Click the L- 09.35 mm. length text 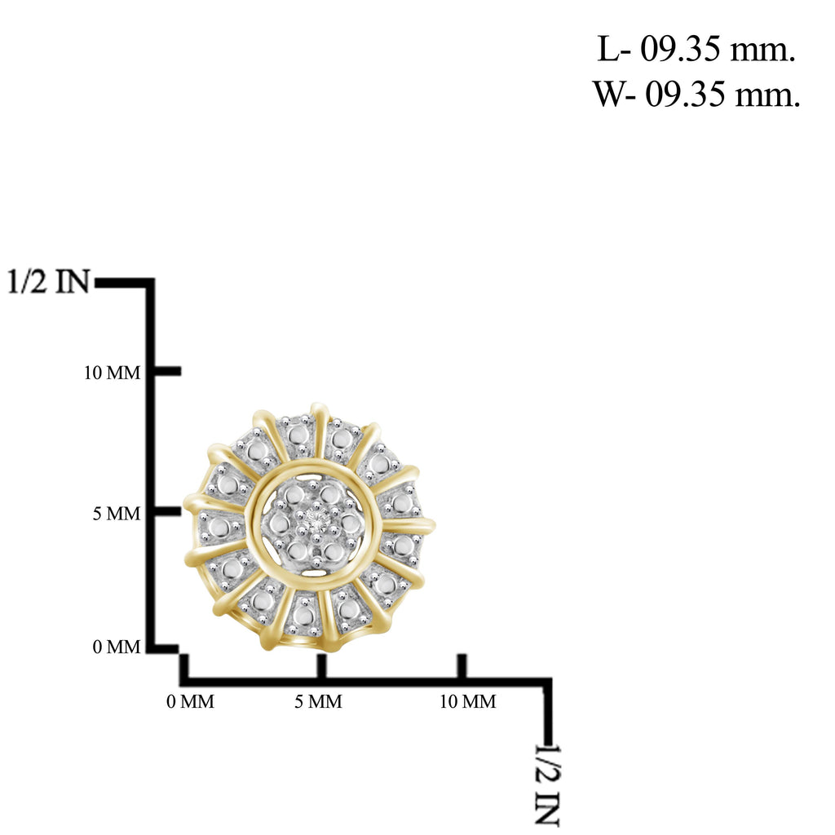[x=696, y=49]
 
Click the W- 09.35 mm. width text [x=696, y=95]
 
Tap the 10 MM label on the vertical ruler [x=113, y=373]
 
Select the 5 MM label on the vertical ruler [x=117, y=514]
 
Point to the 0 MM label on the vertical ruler [x=117, y=647]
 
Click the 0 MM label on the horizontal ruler [x=190, y=701]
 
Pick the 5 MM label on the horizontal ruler [x=318, y=701]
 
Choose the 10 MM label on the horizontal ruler [x=467, y=701]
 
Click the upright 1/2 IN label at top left [x=48, y=281]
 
